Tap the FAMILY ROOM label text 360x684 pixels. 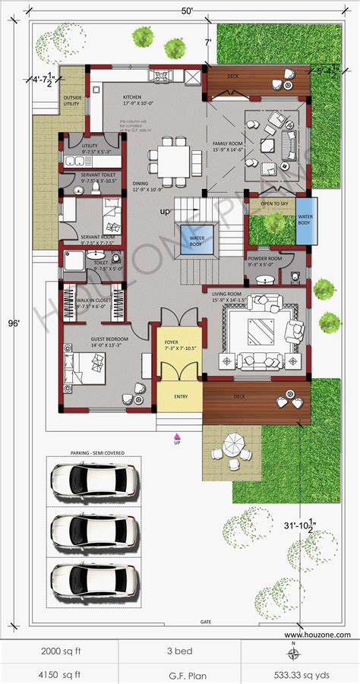coord(228,144)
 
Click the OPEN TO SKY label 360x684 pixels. coord(273,204)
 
